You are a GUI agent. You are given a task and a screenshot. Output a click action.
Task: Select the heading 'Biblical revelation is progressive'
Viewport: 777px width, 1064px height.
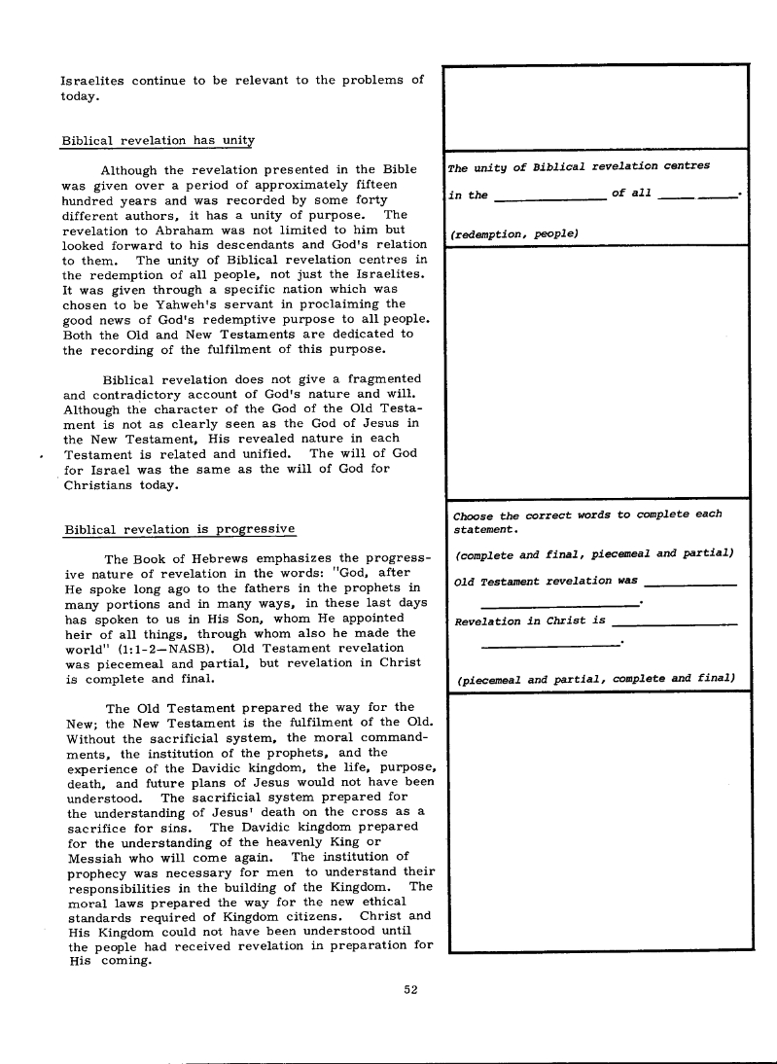tap(179, 529)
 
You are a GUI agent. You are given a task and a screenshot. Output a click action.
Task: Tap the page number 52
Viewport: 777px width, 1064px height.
tap(410, 990)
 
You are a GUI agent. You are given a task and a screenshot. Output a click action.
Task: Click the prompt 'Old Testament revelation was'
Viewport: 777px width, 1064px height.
tap(546, 582)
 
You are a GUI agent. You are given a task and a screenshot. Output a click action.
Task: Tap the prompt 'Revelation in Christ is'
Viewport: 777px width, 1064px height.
tap(530, 621)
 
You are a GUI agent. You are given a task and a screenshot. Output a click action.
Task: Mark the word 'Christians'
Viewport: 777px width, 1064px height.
tap(103, 485)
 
